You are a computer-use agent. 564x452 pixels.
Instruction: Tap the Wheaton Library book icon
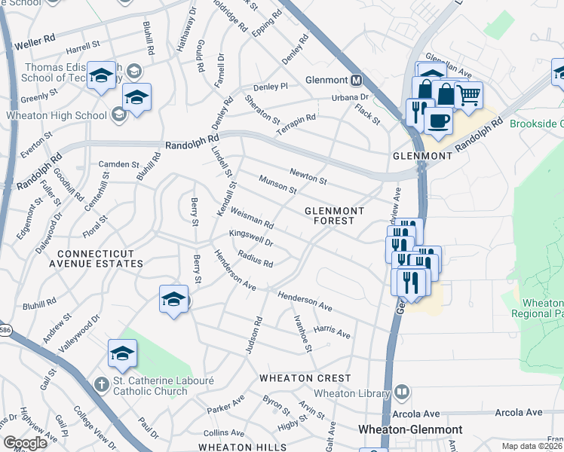point(402,392)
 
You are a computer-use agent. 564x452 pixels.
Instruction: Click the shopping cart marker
point(468,96)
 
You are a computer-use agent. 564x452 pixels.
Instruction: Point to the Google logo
point(25,442)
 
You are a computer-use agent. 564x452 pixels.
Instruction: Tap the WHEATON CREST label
point(305,377)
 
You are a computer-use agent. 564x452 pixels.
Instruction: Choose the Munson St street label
point(277,185)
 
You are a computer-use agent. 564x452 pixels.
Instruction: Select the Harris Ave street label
point(333,331)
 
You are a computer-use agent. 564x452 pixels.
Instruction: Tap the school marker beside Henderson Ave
point(173,299)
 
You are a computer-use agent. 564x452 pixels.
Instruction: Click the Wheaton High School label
point(56,115)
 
